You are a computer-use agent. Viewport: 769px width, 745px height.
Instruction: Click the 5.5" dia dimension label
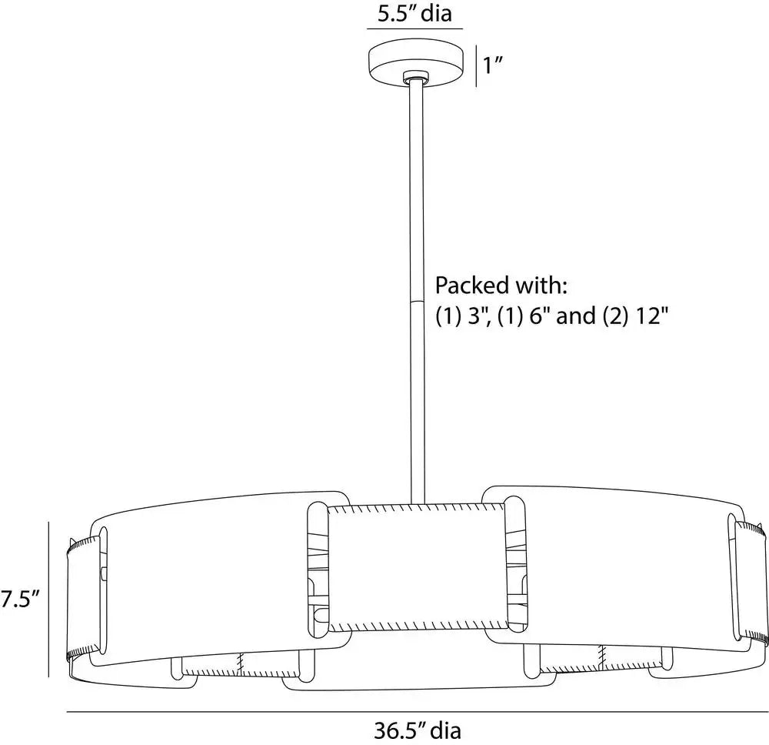[x=414, y=13]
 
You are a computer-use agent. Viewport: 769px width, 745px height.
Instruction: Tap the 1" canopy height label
[x=494, y=65]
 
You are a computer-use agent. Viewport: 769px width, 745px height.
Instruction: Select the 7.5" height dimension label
[x=20, y=599]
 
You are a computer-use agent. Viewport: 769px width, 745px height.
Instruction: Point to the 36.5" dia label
[x=418, y=731]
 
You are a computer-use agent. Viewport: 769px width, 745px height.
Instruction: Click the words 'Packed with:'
[x=501, y=285]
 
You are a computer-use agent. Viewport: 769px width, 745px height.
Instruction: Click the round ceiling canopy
[x=416, y=63]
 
